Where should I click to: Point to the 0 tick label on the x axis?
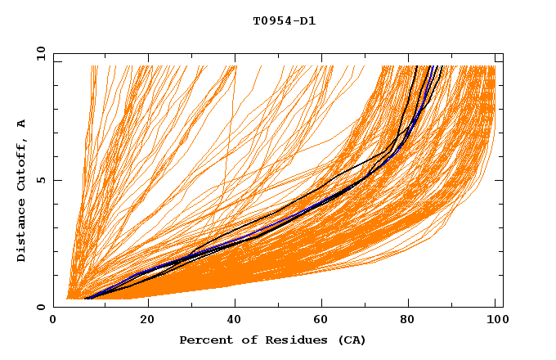pyautogui.click(x=54, y=320)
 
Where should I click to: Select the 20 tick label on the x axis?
pyautogui.click(x=147, y=320)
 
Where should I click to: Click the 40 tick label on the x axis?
pyautogui.click(x=235, y=320)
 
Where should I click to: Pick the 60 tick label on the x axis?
pyautogui.click(x=324, y=320)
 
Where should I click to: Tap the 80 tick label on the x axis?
pyautogui.click(x=412, y=320)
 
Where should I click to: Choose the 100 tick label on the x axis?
pyautogui.click(x=496, y=320)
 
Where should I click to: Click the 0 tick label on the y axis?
pyautogui.click(x=40, y=307)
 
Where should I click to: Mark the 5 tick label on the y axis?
pyautogui.click(x=40, y=180)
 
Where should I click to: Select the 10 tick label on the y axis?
pyautogui.click(x=38, y=53)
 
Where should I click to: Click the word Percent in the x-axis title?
pyautogui.click(x=204, y=340)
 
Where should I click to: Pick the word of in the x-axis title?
pyautogui.click(x=243, y=340)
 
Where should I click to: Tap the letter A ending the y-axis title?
pyautogui.click(x=22, y=124)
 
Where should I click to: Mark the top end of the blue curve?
pyautogui.click(x=432, y=66)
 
